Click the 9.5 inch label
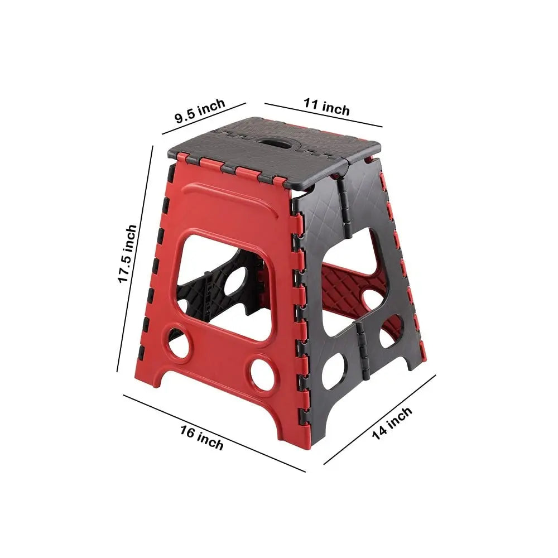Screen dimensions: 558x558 (x=200, y=110)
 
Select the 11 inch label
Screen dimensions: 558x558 (x=326, y=107)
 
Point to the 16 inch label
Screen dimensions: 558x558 (x=201, y=437)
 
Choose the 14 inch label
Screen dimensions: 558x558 (x=392, y=424)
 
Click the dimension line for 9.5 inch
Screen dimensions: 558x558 (x=204, y=119)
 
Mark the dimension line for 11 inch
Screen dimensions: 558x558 (x=323, y=115)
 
